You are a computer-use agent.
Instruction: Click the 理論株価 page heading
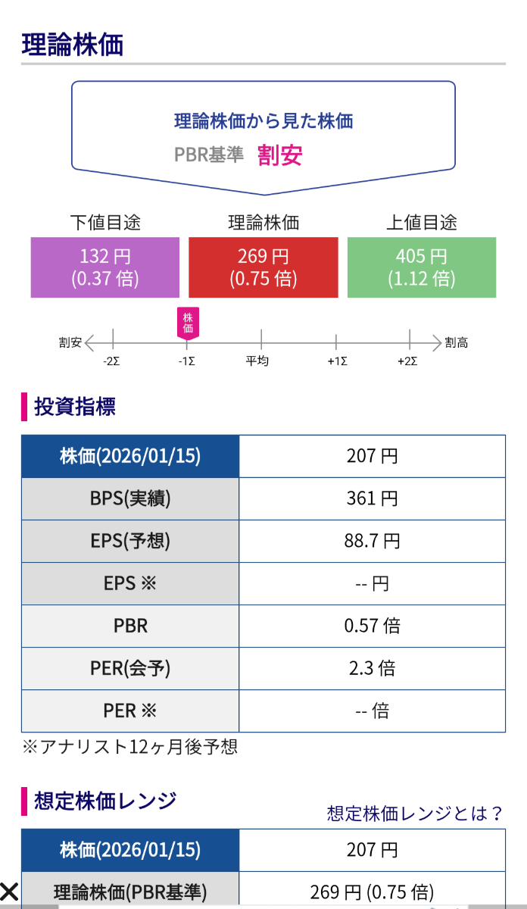(73, 45)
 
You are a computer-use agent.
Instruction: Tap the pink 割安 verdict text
(280, 155)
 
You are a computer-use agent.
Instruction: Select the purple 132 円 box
(105, 267)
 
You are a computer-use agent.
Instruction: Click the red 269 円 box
(263, 267)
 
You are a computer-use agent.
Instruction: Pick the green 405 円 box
(421, 267)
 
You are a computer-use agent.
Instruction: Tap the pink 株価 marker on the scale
(188, 322)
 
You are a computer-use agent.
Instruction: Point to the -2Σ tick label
(112, 361)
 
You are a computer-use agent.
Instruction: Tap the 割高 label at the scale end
(457, 343)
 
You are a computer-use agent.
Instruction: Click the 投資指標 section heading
(75, 407)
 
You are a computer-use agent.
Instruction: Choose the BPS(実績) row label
(130, 498)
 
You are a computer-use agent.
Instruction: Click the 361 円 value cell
(372, 498)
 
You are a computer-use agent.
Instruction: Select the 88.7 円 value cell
(372, 541)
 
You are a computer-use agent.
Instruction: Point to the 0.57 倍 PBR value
(372, 626)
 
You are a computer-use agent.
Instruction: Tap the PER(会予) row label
(130, 668)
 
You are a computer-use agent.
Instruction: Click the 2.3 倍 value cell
(372, 668)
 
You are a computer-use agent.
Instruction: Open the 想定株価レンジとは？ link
(415, 814)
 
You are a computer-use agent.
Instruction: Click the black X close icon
(9, 891)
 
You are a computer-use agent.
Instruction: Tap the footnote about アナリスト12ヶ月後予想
(129, 747)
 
